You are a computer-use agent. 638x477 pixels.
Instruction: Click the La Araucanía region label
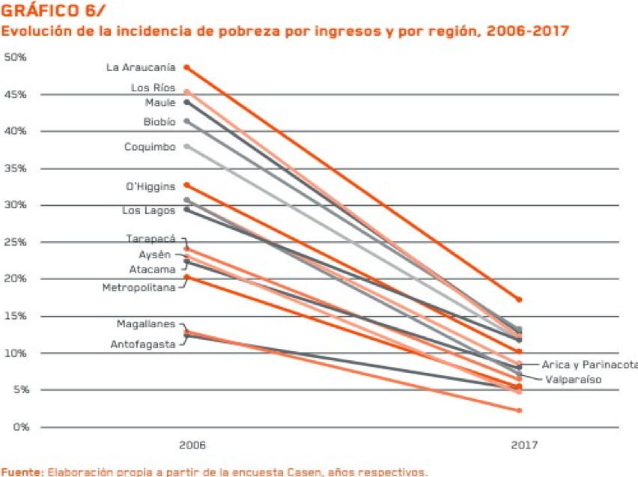(x=142, y=67)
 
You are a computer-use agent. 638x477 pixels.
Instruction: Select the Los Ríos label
(x=153, y=88)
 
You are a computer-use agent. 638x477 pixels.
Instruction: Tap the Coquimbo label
(x=150, y=147)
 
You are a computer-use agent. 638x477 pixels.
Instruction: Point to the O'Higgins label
(x=151, y=186)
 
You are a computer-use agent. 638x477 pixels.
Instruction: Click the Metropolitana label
(x=139, y=288)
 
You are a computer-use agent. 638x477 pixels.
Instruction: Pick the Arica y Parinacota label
(x=589, y=365)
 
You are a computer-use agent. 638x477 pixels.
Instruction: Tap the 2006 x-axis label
(x=192, y=445)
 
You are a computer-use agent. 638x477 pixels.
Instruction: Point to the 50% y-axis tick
(x=15, y=57)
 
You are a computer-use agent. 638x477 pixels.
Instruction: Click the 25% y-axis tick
(x=15, y=243)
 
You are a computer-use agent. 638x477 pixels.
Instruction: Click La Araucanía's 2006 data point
(x=187, y=67)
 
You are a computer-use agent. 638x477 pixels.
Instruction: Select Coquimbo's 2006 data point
(x=187, y=146)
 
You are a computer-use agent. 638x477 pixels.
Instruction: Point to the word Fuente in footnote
(x=20, y=472)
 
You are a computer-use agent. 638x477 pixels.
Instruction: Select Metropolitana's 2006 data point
(x=187, y=278)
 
